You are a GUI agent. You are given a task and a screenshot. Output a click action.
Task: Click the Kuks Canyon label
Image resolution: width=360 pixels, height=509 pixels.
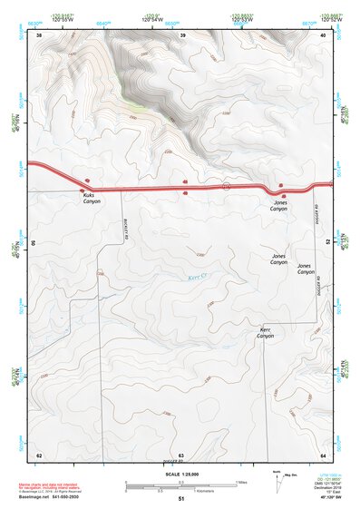(x=92, y=199)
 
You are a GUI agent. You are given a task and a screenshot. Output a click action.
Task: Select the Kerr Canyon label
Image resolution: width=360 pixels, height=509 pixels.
(x=266, y=333)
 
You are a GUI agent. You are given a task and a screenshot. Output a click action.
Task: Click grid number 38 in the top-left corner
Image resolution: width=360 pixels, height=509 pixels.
(x=40, y=34)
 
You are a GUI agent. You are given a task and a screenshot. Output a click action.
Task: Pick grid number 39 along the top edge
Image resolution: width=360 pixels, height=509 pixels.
(x=183, y=34)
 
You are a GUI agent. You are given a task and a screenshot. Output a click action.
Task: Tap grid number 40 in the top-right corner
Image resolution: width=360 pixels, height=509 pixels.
(x=325, y=34)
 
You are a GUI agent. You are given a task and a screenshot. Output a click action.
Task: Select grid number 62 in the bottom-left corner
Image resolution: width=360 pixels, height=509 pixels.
(x=39, y=455)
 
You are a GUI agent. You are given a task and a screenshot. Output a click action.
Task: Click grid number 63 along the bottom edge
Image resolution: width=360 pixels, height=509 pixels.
(x=181, y=455)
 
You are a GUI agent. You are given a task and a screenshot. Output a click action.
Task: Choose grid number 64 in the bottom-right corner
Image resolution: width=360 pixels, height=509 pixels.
(x=324, y=455)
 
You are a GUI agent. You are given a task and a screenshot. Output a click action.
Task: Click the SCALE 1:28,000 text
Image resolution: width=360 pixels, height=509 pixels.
(x=180, y=474)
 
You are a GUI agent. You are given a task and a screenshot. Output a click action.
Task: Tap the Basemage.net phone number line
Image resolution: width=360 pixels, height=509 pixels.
(x=51, y=497)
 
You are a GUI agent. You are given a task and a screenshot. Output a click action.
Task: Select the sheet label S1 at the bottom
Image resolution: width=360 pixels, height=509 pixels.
(x=181, y=499)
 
